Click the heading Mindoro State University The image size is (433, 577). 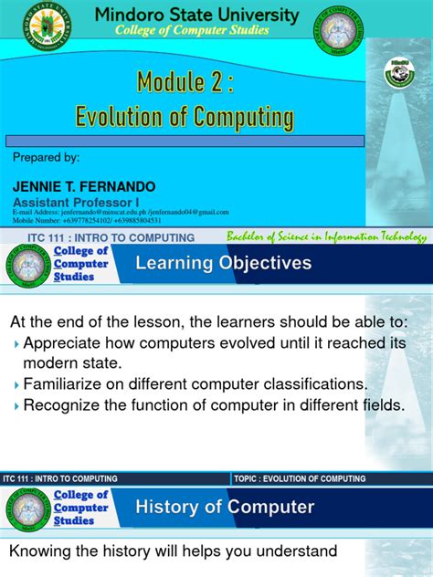197,16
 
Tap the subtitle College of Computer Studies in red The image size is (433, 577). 191,31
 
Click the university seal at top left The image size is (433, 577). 48,24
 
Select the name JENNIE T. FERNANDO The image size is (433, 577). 84,186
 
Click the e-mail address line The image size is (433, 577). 120,212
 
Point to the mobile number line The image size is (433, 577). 87,220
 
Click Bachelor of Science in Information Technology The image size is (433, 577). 327,237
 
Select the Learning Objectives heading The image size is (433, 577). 224,264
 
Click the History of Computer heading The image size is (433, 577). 225,508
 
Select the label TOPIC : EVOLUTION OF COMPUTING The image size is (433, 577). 300,478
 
